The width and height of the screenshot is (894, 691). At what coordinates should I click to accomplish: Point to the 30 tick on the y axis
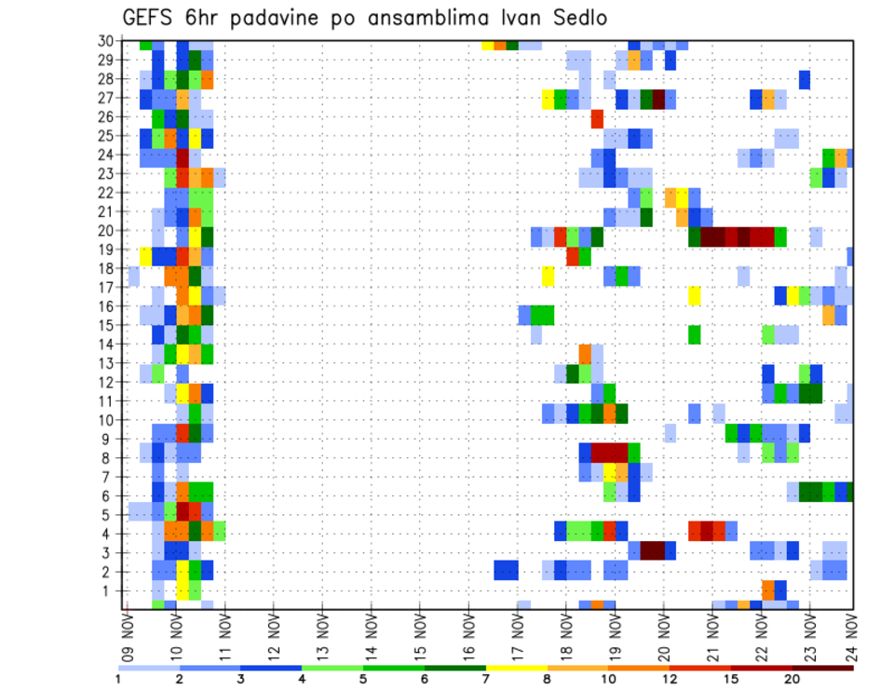(109, 40)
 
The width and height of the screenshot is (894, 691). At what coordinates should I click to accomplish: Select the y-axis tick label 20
(109, 231)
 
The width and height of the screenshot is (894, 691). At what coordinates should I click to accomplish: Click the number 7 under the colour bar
(486, 679)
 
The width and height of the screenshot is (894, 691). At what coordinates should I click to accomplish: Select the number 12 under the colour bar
(670, 679)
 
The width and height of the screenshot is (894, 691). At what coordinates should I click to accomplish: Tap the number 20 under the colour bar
(792, 679)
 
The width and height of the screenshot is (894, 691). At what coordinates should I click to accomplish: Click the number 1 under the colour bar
(118, 679)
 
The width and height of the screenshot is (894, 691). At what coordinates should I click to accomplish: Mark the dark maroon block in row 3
(652, 550)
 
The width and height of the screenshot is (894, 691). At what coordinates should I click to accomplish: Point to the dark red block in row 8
(610, 453)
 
